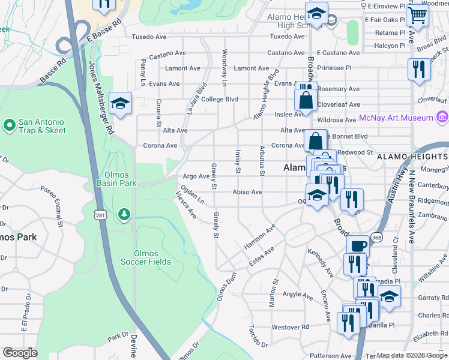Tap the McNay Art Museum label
tap(396, 118)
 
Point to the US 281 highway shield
tap(100, 215)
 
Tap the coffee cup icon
tap(358, 246)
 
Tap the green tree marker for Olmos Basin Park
tap(124, 214)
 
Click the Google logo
tap(20, 353)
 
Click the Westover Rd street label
tap(290, 327)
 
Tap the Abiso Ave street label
tap(248, 192)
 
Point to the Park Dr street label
tap(118, 337)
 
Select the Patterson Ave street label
tap(330, 356)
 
